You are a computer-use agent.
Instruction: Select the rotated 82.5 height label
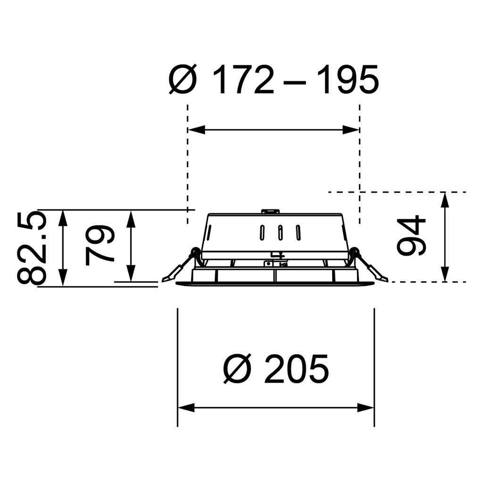coord(32,248)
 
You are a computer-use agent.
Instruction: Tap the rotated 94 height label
coord(411,236)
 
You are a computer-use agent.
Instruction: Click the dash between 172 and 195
coord(296,81)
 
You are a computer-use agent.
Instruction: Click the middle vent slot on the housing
coord(280,232)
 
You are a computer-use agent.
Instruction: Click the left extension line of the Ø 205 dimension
coord(177,368)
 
